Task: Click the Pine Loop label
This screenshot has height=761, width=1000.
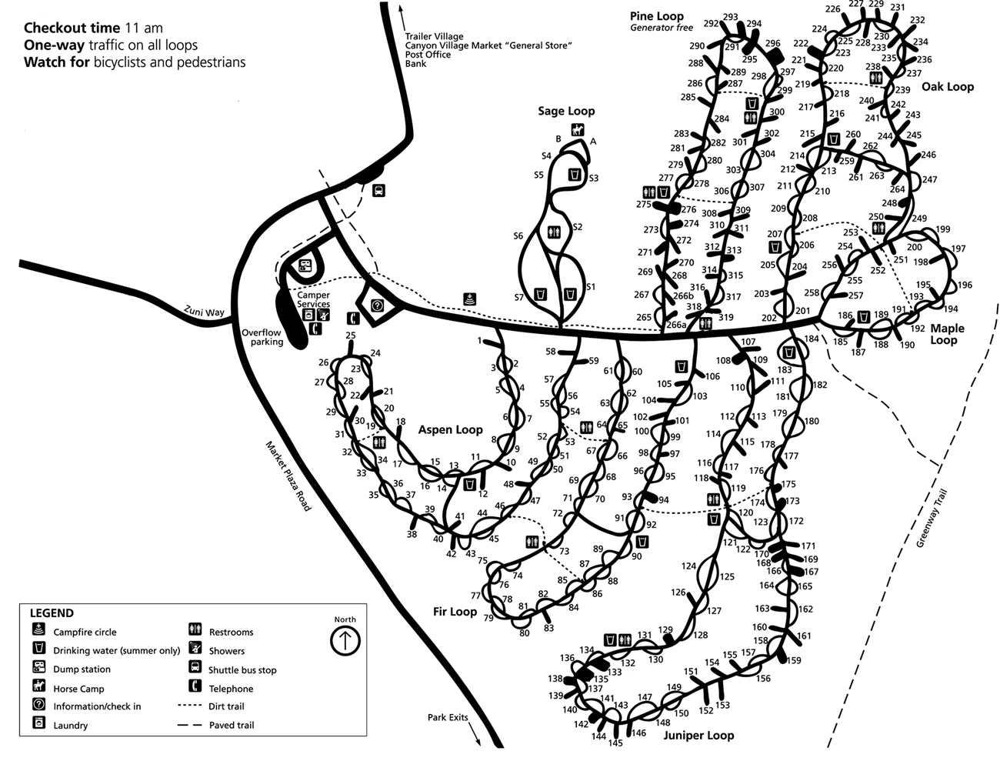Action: pyautogui.click(x=656, y=16)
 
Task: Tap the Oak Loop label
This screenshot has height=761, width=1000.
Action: pyautogui.click(x=947, y=86)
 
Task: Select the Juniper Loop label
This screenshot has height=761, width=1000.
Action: pyautogui.click(x=698, y=735)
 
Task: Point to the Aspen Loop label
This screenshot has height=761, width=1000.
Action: pyautogui.click(x=450, y=429)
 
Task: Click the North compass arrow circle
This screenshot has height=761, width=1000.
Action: pyautogui.click(x=345, y=640)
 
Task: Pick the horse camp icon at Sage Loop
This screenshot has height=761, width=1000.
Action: pyautogui.click(x=577, y=129)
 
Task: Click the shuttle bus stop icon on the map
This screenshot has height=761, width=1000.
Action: pyautogui.click(x=378, y=190)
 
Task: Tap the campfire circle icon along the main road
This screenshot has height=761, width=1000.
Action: pyautogui.click(x=468, y=299)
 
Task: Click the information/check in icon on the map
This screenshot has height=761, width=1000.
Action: pyautogui.click(x=377, y=305)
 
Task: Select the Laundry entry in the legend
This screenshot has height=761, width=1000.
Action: pyautogui.click(x=70, y=725)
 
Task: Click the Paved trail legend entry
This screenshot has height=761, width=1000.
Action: pyautogui.click(x=231, y=725)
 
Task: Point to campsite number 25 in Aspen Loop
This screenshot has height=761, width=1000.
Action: pyautogui.click(x=351, y=335)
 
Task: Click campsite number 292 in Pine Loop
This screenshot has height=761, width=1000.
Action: pyautogui.click(x=710, y=24)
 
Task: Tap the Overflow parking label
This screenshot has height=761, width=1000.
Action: pyautogui.click(x=263, y=337)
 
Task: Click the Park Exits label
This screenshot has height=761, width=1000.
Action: pyautogui.click(x=448, y=717)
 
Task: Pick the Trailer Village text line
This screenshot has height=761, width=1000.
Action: pyautogui.click(x=434, y=36)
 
